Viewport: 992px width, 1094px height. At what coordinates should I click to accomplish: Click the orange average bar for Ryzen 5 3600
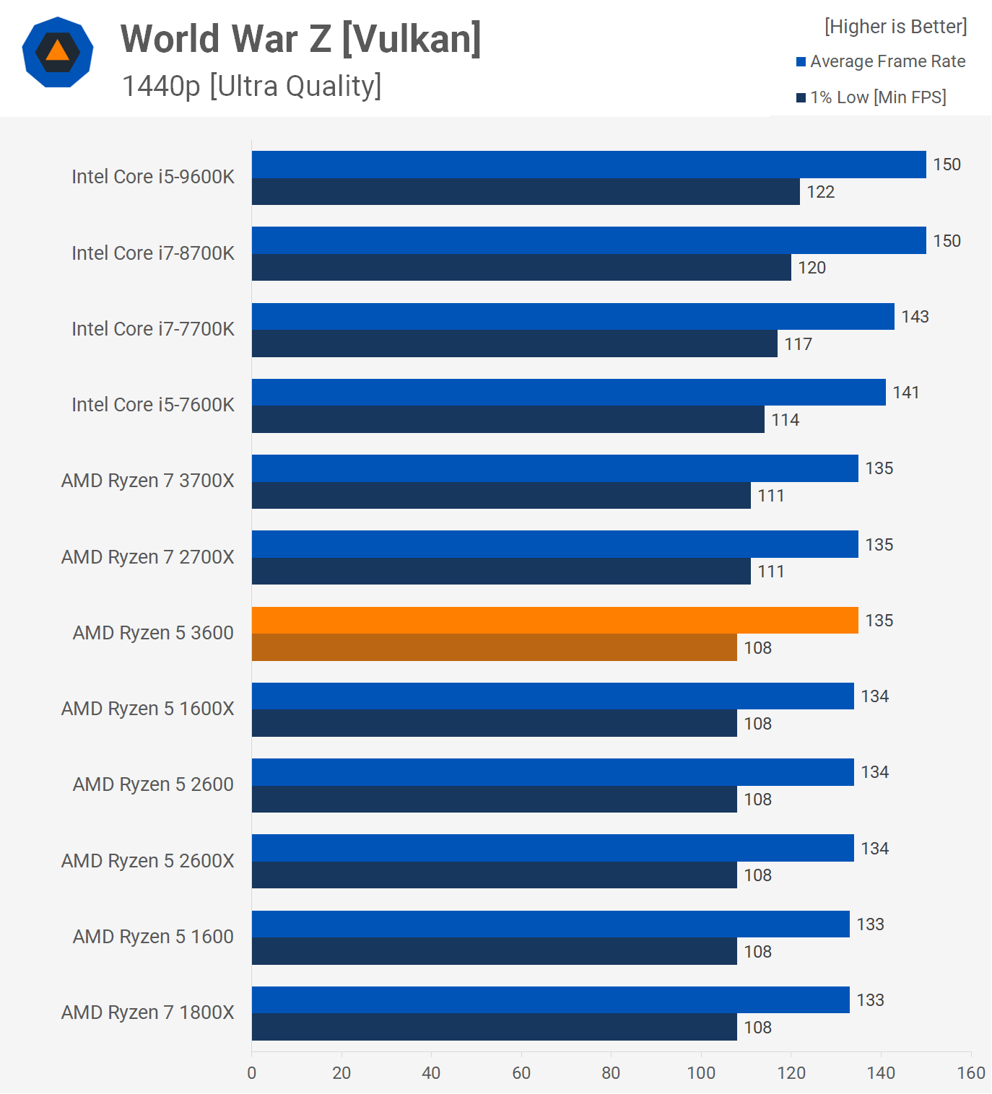click(554, 621)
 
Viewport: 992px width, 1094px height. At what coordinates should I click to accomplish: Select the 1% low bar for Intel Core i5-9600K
click(526, 192)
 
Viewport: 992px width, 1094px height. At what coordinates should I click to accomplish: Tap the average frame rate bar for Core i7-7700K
click(573, 317)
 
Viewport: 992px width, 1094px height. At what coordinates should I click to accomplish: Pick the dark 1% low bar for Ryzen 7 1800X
click(494, 1027)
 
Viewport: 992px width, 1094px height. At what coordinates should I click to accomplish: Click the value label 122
click(821, 192)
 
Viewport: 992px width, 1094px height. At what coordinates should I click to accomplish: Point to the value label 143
click(915, 317)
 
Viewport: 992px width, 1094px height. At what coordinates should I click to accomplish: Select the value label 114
click(786, 420)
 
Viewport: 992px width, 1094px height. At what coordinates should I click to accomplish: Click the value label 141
click(906, 393)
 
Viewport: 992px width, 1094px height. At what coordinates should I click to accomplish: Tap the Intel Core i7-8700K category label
click(153, 253)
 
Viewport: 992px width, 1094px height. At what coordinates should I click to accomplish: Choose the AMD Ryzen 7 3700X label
click(148, 481)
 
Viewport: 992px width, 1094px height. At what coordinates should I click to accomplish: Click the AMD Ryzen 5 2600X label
click(148, 861)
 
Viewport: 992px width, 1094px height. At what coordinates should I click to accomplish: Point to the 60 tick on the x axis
click(521, 1073)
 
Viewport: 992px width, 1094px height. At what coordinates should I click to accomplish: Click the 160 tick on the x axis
click(971, 1073)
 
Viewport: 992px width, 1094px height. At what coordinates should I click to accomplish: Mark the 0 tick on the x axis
click(252, 1073)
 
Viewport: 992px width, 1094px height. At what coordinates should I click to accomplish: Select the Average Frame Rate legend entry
click(881, 62)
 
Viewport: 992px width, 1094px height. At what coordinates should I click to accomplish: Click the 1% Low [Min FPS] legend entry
click(871, 97)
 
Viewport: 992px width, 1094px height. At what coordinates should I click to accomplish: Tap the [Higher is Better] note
click(895, 27)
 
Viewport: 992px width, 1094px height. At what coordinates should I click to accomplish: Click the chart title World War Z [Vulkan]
click(300, 39)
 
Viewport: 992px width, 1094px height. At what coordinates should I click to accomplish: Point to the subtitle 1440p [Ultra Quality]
click(251, 86)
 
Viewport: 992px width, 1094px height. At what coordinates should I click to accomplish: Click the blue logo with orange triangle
click(58, 52)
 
